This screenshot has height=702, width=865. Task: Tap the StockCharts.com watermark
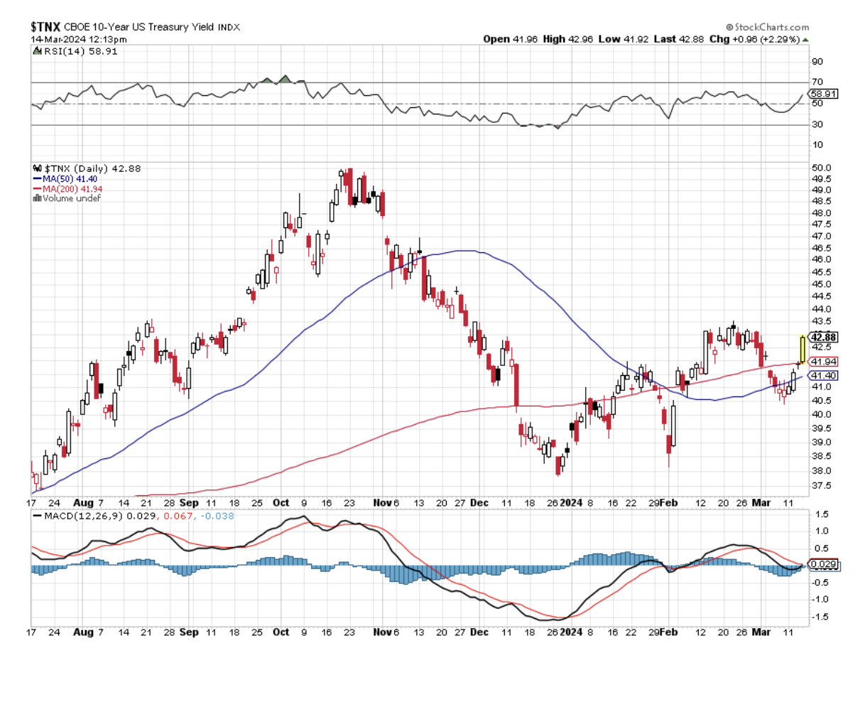(x=777, y=26)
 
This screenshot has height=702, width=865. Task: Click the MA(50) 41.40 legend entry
(x=69, y=179)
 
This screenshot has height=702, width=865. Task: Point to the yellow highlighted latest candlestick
(x=803, y=348)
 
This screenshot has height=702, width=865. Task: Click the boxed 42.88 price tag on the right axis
(x=824, y=337)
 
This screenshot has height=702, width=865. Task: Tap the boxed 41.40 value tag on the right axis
(x=824, y=375)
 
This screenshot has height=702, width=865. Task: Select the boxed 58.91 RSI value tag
(x=825, y=93)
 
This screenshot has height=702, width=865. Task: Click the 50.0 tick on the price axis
(x=821, y=168)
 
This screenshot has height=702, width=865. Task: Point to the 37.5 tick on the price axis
(x=821, y=486)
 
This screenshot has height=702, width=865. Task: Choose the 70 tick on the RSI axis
(x=817, y=82)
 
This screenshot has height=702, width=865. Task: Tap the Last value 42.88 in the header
(x=691, y=39)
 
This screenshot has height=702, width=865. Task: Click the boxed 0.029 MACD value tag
(x=825, y=566)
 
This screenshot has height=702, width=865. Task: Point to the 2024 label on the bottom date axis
(x=571, y=632)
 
